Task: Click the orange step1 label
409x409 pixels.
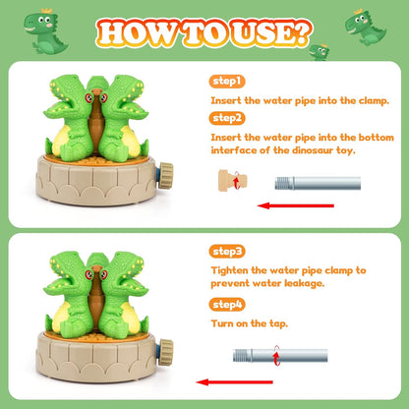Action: click(225, 81)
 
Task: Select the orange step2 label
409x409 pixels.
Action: click(226, 117)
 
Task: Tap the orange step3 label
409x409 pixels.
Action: click(226, 252)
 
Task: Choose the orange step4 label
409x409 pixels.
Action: click(226, 304)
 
